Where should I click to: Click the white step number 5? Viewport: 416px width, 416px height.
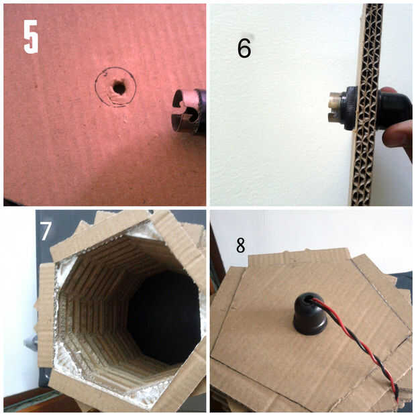(x=31, y=37)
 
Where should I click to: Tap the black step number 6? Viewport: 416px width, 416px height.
(x=244, y=48)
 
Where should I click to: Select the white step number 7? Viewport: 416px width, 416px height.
(x=46, y=231)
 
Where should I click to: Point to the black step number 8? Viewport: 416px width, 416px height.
(x=241, y=245)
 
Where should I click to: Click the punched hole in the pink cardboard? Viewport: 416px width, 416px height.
(x=119, y=87)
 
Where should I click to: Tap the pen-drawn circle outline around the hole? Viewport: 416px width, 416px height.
(x=96, y=87)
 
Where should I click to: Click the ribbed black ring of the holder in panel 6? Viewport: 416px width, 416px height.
(x=350, y=108)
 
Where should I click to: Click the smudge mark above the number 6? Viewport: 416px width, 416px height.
(x=250, y=36)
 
